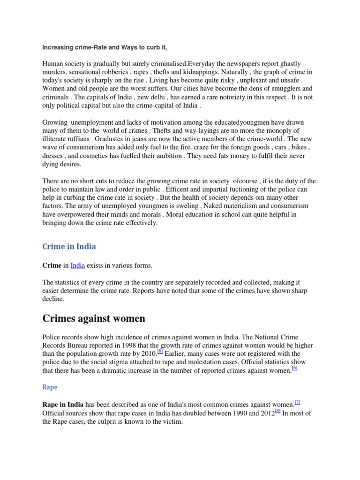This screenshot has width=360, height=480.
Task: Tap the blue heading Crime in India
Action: tap(69, 246)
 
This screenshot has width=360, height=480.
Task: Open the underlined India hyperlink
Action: tap(78, 266)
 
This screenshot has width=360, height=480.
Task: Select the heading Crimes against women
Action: tap(94, 319)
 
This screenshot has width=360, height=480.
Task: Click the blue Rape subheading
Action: tap(50, 388)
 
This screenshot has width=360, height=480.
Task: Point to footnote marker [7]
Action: tap(297, 402)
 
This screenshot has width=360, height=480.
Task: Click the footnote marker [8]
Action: tap(277, 411)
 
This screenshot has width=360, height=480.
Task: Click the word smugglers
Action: tap(274, 89)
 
